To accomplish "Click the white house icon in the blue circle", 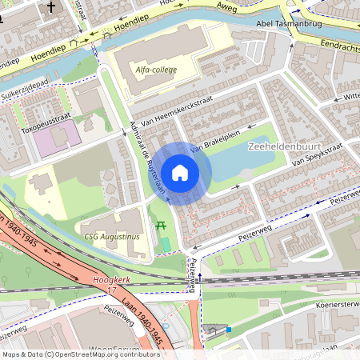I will pos(180,173).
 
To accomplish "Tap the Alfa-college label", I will pos(156,70).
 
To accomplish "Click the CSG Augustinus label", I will pos(112,237).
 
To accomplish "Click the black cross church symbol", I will pos(51,8).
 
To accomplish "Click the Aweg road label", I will pos(222,6).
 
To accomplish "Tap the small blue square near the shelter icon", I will pos(229,328).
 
